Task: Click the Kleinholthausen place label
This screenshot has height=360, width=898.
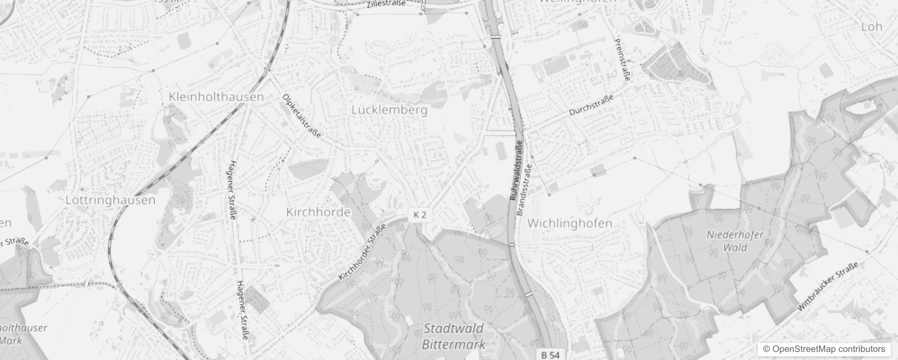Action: click(x=216, y=97)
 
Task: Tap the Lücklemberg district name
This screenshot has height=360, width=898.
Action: click(x=389, y=110)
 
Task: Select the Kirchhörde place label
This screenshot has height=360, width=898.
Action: click(x=318, y=212)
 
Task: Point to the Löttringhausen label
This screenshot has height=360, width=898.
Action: click(x=110, y=200)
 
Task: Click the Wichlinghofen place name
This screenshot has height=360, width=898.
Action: click(x=570, y=223)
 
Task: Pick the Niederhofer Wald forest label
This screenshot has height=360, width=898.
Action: click(x=735, y=241)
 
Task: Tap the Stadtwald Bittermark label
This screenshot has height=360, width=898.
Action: click(x=453, y=337)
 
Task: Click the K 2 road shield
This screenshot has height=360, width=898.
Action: click(x=419, y=215)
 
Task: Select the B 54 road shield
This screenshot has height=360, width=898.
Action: click(x=550, y=355)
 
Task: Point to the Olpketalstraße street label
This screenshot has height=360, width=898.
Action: click(x=302, y=116)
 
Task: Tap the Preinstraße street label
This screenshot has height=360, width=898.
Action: click(x=622, y=60)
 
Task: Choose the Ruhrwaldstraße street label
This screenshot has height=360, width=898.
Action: click(x=516, y=170)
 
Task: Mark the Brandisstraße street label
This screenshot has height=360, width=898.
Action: click(x=525, y=189)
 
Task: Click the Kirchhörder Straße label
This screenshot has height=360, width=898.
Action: click(x=362, y=252)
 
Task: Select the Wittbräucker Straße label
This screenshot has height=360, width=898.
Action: click(x=828, y=287)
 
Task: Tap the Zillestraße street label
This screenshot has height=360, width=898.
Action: click(x=386, y=4)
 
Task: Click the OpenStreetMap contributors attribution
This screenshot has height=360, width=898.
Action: click(x=824, y=349)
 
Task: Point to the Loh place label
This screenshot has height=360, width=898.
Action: click(x=871, y=27)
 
